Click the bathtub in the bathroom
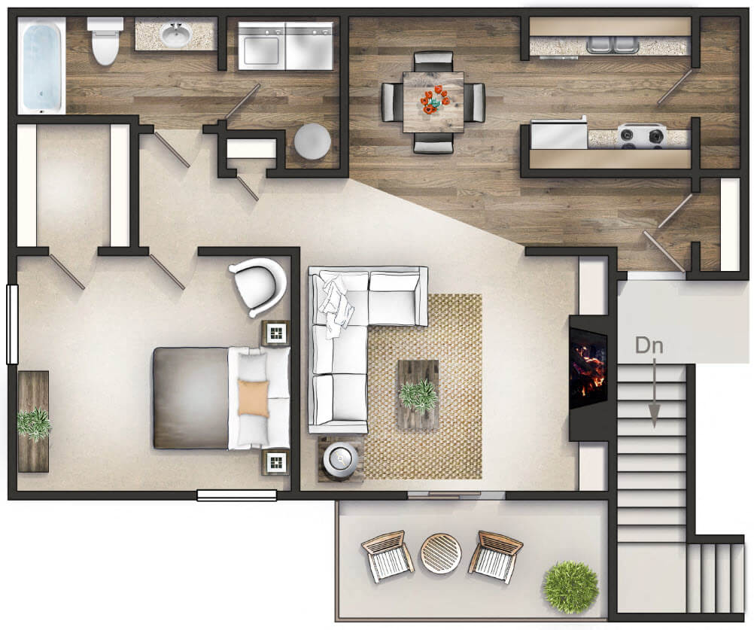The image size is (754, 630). coord(41,66)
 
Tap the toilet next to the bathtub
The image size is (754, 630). coord(104,41)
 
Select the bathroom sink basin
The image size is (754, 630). coord(176,35)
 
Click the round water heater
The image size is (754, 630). coord(312,141)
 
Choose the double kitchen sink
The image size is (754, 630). coord(610,44)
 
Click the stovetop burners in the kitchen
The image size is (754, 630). coord(642,136)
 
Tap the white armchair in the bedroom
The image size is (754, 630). coord(258,285)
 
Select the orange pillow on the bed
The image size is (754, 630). coord(253,398)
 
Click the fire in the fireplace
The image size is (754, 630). coord(588,367)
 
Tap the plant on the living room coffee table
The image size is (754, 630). coord(418,394)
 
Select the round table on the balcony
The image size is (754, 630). coord(440,553)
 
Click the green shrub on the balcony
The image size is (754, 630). coord(570,586)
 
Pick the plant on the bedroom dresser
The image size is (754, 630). coord(33,422)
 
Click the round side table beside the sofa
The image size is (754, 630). coord(342,458)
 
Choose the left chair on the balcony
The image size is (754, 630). coord(387,555)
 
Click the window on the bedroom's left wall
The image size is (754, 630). coord(12,324)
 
